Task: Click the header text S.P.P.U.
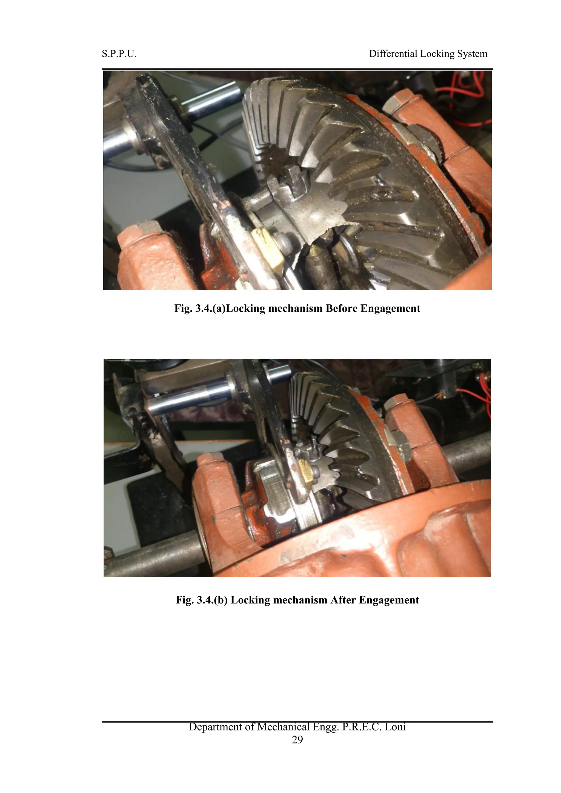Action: (119, 54)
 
